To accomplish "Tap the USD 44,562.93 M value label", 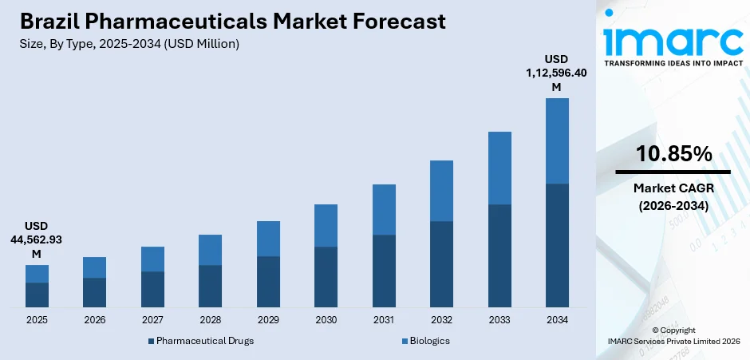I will click(37, 239).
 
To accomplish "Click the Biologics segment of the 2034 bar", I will click(557, 140).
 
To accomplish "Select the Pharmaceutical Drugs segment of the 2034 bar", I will click(557, 246).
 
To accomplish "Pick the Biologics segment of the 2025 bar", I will click(37, 274).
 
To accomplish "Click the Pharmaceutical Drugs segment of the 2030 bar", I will click(326, 277).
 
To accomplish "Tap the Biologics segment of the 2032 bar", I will click(441, 191).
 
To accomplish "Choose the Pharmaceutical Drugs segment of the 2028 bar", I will click(210, 286).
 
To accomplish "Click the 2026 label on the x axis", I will click(94, 319).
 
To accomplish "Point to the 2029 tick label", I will click(268, 319).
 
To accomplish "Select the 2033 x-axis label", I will click(499, 319).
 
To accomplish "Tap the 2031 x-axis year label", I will click(384, 319).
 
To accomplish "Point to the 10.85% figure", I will click(673, 155).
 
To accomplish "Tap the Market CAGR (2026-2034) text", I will click(673, 196).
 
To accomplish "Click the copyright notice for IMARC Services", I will click(673, 335).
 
